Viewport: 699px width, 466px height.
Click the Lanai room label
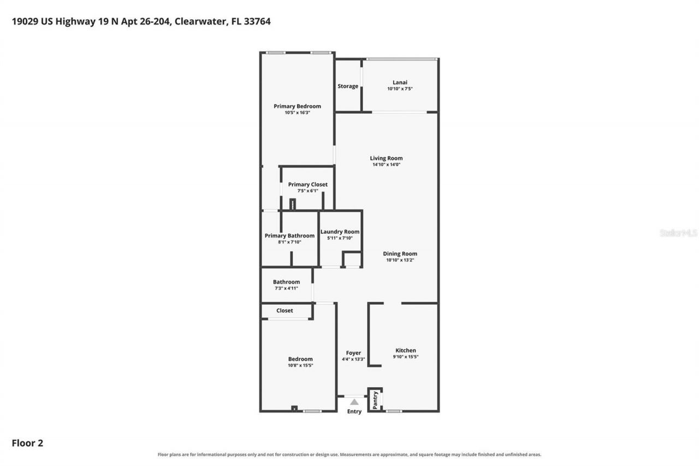point(400,82)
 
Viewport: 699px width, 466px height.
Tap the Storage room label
point(348,86)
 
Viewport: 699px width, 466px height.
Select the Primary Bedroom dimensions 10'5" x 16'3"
point(297,113)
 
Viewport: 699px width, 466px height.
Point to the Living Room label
point(386,158)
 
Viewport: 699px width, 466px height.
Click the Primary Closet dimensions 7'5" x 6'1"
point(307,191)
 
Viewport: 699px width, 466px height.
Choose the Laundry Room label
point(340,232)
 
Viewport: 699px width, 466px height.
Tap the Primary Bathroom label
point(289,235)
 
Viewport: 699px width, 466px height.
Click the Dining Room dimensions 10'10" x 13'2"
point(400,260)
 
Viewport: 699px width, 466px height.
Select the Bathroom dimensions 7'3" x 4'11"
point(286,288)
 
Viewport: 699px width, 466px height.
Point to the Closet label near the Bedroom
point(285,310)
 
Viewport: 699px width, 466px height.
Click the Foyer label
point(353,353)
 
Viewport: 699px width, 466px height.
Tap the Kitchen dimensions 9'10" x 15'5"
point(406,357)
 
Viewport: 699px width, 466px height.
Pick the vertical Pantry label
point(375,400)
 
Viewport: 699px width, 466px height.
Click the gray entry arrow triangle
point(354,402)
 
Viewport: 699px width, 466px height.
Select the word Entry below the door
point(354,412)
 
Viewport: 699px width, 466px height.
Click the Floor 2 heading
point(27,443)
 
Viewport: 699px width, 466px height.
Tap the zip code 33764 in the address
point(257,21)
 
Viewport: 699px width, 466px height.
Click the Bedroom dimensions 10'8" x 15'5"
point(300,365)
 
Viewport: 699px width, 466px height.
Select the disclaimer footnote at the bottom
point(349,455)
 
